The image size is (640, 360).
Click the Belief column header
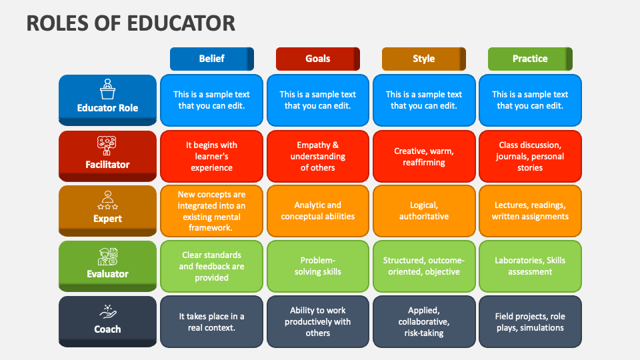pyautogui.click(x=212, y=59)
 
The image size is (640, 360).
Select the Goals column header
pyautogui.click(x=317, y=59)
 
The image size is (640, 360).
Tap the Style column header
pyautogui.click(x=424, y=59)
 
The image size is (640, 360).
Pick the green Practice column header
pyautogui.click(x=530, y=59)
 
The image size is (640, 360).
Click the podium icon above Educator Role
pyautogui.click(x=107, y=89)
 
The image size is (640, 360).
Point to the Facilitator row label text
pyautogui.click(x=107, y=165)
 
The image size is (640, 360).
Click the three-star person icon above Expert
pyautogui.click(x=108, y=200)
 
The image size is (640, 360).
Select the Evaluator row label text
pyautogui.click(x=107, y=274)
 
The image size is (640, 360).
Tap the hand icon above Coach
pyautogui.click(x=108, y=312)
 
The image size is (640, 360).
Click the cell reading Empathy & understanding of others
pyautogui.click(x=317, y=156)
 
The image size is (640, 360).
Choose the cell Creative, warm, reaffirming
pyautogui.click(x=424, y=156)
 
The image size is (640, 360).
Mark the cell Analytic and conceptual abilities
pyautogui.click(x=317, y=211)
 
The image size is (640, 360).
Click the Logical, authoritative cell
pyautogui.click(x=424, y=211)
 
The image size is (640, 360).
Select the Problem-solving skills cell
pyautogui.click(x=317, y=266)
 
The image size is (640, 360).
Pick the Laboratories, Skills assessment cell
pyautogui.click(x=530, y=266)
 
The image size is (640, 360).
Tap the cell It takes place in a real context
pyautogui.click(x=211, y=321)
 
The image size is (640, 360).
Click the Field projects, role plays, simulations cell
pyautogui.click(x=530, y=321)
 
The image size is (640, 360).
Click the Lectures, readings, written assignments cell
pyautogui.click(x=530, y=211)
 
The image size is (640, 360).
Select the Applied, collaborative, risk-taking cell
pyautogui.click(x=424, y=321)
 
